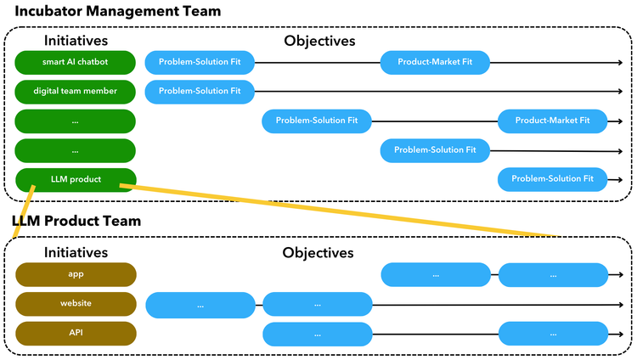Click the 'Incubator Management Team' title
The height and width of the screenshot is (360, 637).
pyautogui.click(x=117, y=11)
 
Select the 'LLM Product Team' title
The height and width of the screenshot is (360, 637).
pyautogui.click(x=76, y=221)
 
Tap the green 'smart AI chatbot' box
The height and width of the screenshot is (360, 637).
pyautogui.click(x=76, y=62)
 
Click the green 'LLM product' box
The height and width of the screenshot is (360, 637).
pyautogui.click(x=76, y=180)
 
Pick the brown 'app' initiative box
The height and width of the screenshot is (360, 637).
pyautogui.click(x=76, y=274)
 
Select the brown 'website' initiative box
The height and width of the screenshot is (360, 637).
pyautogui.click(x=76, y=303)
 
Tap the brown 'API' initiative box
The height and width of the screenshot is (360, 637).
pyautogui.click(x=76, y=333)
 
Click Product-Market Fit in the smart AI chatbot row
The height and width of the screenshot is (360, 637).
pyautogui.click(x=435, y=62)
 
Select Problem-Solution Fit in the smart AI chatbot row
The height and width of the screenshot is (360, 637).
pyautogui.click(x=200, y=62)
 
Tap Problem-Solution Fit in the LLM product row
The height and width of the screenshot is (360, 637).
pyautogui.click(x=552, y=179)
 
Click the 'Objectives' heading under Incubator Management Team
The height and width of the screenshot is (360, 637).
pyautogui.click(x=319, y=40)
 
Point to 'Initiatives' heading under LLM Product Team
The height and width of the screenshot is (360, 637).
pyautogui.click(x=76, y=252)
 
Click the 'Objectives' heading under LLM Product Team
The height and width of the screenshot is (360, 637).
pyautogui.click(x=318, y=252)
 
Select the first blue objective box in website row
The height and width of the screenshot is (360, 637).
pyautogui.click(x=200, y=304)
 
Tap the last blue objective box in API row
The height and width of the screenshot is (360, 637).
pyautogui.click(x=552, y=333)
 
